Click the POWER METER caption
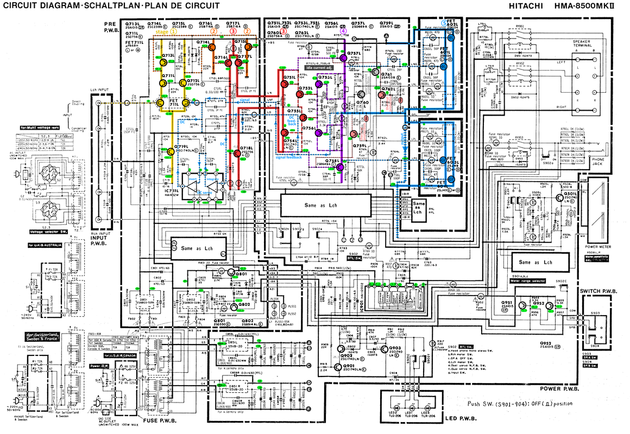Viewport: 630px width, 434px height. [x=596, y=246]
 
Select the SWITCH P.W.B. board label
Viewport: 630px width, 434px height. [x=598, y=291]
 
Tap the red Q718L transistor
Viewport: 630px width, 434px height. [x=238, y=154]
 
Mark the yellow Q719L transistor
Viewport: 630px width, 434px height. [x=171, y=152]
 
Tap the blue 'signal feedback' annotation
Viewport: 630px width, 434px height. [x=288, y=157]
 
